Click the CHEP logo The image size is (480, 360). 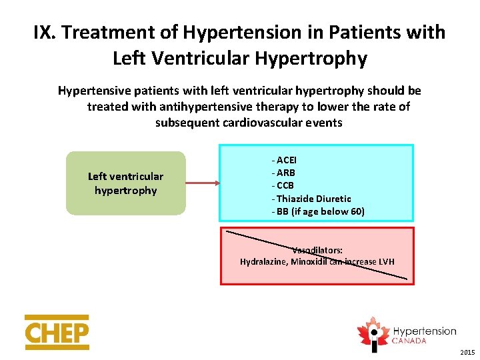pos(57,332)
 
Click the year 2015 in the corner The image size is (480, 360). pos(467,352)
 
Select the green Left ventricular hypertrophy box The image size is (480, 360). pos(125,183)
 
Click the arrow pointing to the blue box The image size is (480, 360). pos(203,183)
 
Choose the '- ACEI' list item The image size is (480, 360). pos(284,160)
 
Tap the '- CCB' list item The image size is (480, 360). pos(283,185)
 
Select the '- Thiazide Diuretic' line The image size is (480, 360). pos(311,199)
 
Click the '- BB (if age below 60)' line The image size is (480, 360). pos(318,211)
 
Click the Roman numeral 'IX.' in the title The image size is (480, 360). pos(46,32)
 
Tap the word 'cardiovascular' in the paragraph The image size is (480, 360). pos(273,123)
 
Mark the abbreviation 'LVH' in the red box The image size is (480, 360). pos(386,261)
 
